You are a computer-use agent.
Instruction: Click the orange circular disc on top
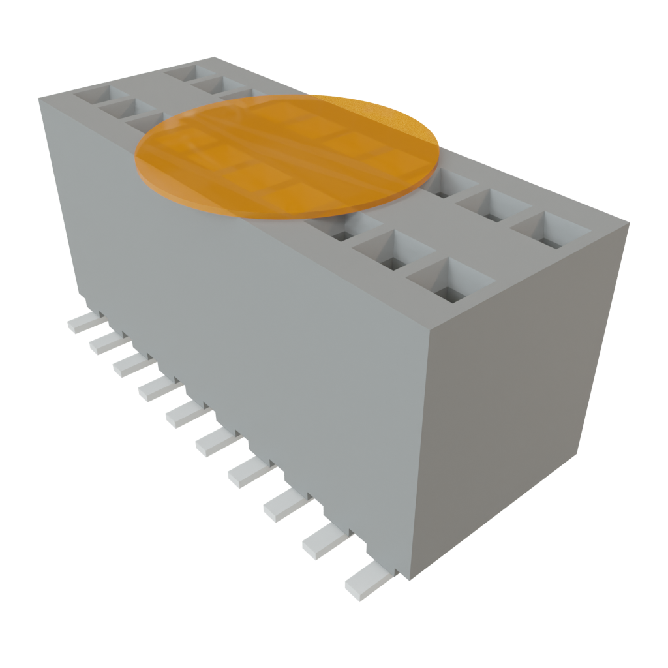(287, 157)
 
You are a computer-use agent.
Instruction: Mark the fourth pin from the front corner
(250, 472)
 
